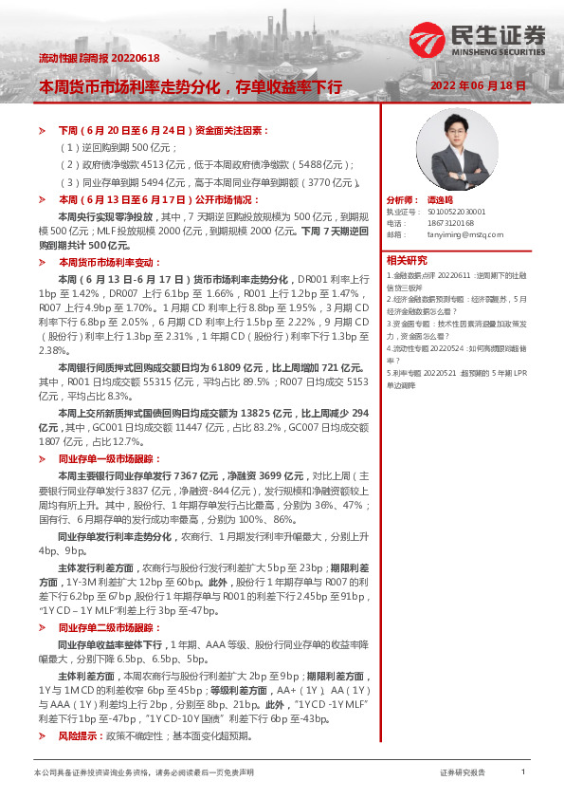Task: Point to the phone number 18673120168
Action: [454, 223]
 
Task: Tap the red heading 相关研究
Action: [407, 260]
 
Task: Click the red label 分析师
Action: [402, 201]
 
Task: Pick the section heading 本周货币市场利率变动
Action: [110, 262]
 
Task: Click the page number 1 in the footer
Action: [523, 772]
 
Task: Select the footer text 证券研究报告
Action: [463, 772]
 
